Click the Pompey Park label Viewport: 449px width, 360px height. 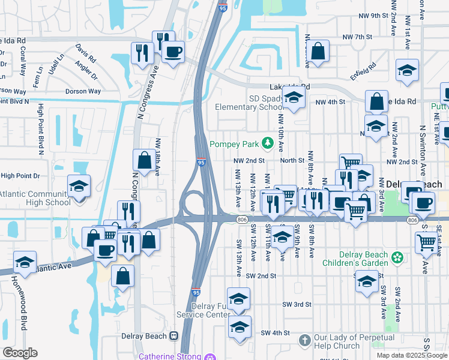(234, 144)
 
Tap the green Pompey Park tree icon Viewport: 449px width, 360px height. (267, 144)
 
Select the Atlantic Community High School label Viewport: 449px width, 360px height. (35, 198)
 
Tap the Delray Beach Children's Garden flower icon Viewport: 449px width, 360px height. (397, 258)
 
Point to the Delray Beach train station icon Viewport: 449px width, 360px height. (173, 336)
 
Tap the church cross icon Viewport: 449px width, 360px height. (304, 340)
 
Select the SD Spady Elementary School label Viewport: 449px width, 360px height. (250, 103)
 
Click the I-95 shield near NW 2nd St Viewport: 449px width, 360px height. (201, 162)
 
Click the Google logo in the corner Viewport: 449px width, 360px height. (20, 353)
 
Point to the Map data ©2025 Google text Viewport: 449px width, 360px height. (412, 355)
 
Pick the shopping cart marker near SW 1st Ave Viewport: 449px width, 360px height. (426, 242)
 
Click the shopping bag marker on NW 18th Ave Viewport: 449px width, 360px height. (144, 160)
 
